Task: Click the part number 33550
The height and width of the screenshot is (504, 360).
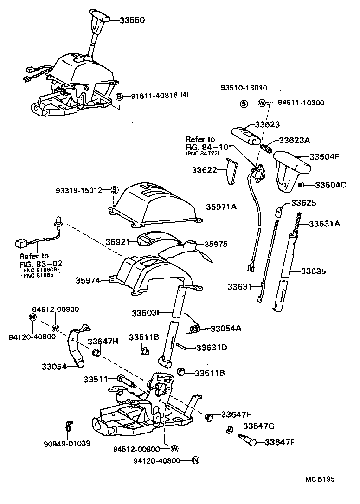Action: click(132, 20)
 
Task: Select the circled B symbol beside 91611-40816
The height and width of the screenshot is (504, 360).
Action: click(119, 97)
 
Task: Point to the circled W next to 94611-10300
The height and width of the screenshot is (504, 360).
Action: click(261, 103)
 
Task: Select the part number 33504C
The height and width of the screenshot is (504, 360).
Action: click(330, 185)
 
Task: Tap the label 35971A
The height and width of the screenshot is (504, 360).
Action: click(221, 207)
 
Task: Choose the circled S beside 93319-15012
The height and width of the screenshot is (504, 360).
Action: click(115, 190)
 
